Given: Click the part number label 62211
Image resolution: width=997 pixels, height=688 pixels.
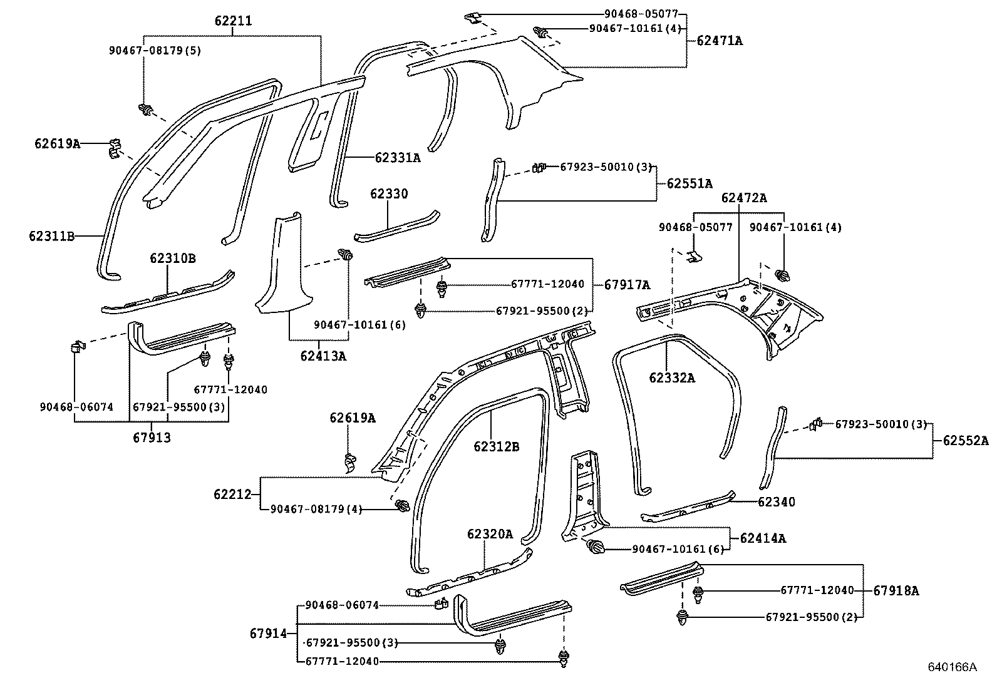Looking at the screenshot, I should coord(233,21).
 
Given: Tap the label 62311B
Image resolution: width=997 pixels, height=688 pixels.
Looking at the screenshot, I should coord(51,236).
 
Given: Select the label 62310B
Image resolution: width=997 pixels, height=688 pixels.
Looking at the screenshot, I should coord(172,259).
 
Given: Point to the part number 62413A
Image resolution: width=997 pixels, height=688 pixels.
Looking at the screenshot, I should coord(323,356).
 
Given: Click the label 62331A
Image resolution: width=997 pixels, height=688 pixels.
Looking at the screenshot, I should coord(398,158).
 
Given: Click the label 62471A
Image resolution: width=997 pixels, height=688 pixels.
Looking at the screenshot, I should coord(720,41).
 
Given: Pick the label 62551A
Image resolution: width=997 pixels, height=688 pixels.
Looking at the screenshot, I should coord(690,184).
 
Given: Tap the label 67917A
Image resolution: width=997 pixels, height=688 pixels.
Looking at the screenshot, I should coord(627,285).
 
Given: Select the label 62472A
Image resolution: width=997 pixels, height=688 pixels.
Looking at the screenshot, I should coord(743,198).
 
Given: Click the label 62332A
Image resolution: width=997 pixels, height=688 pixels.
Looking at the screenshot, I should coord(672,378).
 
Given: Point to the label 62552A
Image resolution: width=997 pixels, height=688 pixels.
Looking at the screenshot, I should coord(966,441).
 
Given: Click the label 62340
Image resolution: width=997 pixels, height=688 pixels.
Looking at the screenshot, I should coord(776,502).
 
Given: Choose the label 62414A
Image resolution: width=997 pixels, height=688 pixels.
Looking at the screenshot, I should coord(763,538).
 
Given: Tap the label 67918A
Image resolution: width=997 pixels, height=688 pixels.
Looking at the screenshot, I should coord(896,590).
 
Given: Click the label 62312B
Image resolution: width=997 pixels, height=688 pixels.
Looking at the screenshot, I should coord(496,446).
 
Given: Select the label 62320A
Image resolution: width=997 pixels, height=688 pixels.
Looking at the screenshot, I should coord(489,534).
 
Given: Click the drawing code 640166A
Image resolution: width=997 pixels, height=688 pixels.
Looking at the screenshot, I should coord(952,667).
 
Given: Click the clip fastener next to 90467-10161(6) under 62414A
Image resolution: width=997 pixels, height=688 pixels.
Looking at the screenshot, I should coord(595,548).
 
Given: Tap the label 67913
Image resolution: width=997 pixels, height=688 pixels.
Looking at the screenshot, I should coord(152,438).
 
